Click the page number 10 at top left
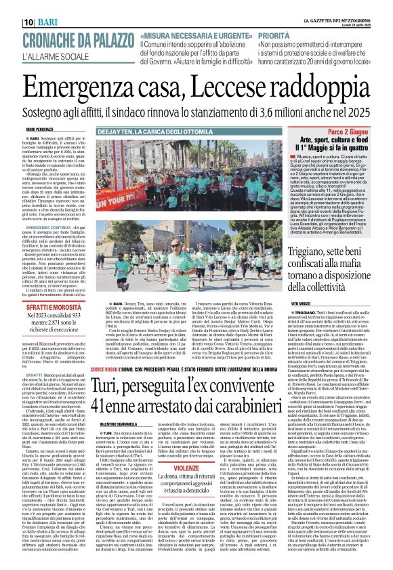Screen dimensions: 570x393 11,6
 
